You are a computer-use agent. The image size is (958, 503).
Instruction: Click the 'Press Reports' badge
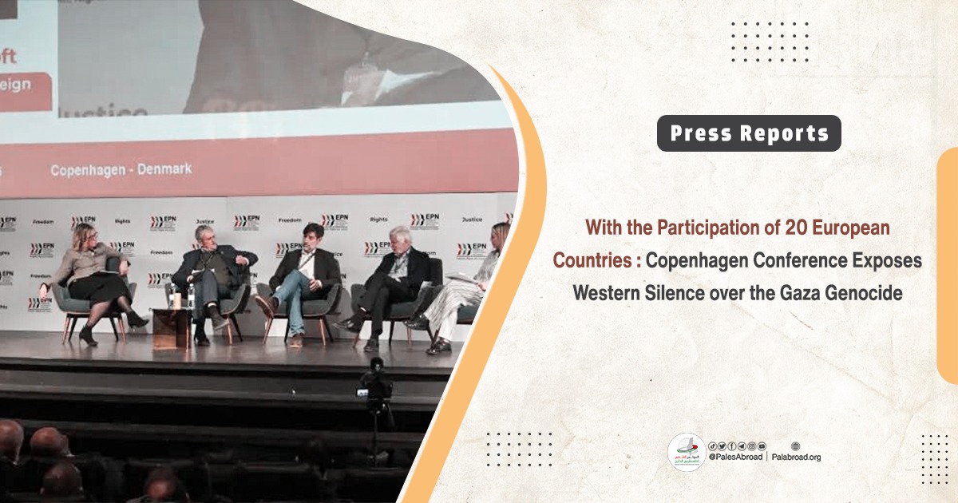point(749,134)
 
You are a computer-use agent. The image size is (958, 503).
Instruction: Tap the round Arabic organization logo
point(687,453)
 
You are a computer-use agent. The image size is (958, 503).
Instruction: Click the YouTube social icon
point(762,446)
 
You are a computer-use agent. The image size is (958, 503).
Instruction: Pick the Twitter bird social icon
point(722,446)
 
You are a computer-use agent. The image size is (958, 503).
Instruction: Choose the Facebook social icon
point(732,446)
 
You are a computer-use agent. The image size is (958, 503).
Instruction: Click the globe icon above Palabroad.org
point(795,446)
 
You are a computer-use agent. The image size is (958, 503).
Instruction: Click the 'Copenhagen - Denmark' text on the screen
point(121,170)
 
